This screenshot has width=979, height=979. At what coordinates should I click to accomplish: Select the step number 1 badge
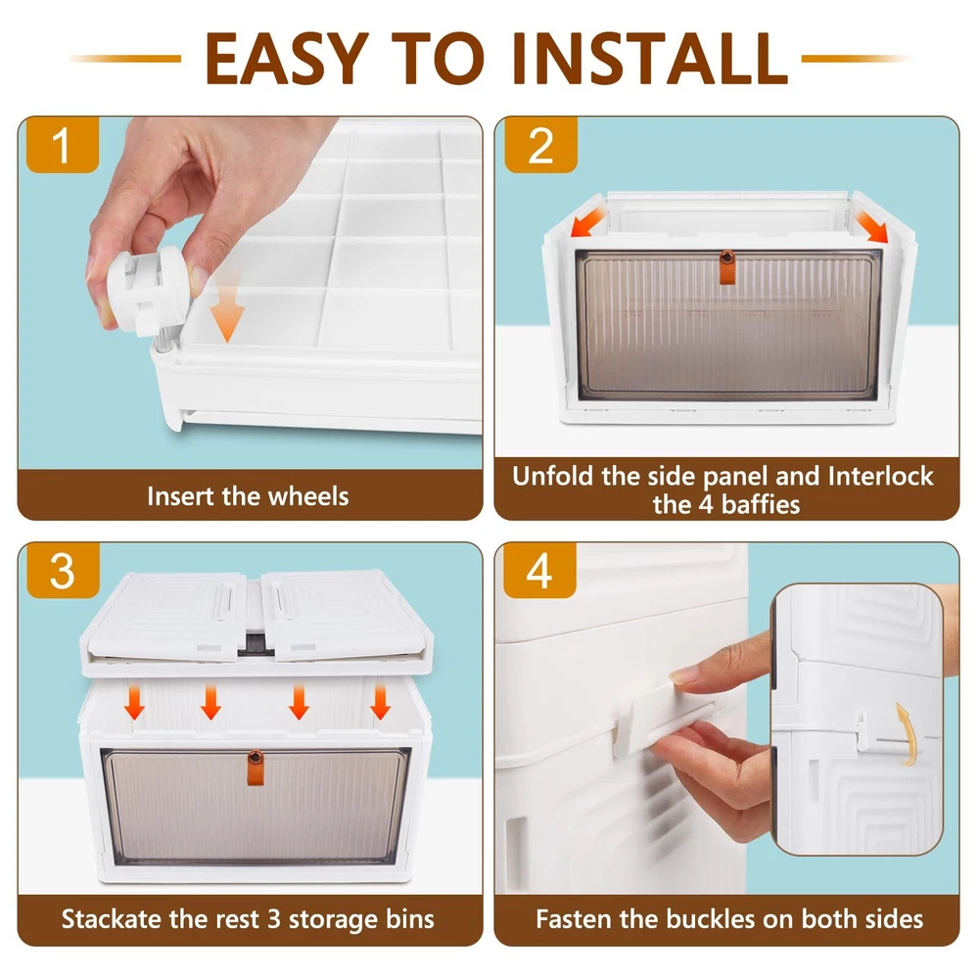tap(62, 145)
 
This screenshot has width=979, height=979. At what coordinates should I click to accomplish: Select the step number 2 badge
tap(540, 145)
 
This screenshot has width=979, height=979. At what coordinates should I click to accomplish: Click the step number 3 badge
tap(63, 570)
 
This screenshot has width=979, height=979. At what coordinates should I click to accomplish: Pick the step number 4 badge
tap(539, 570)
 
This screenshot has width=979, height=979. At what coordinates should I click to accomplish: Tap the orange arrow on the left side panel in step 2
tap(587, 221)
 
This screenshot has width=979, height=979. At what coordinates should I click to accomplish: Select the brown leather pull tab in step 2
tap(727, 267)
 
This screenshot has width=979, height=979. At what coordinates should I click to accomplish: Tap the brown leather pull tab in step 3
tap(256, 768)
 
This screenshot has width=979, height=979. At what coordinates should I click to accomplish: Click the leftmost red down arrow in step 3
tap(134, 702)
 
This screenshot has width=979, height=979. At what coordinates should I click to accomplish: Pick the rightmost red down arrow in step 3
tap(380, 702)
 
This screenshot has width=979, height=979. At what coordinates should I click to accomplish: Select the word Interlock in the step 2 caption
tap(880, 477)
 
